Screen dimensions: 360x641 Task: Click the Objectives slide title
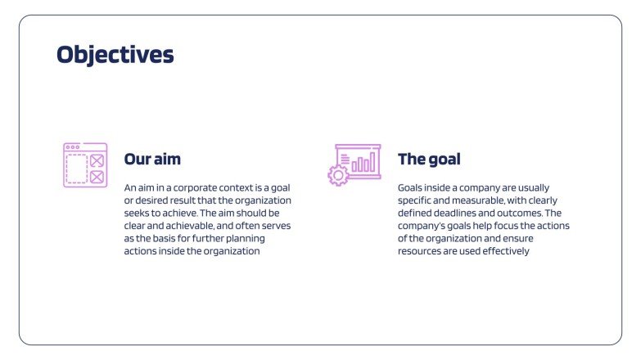(115, 55)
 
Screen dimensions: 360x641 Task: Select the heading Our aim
(152, 159)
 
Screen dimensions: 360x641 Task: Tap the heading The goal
(429, 159)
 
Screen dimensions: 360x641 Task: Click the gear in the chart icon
(337, 175)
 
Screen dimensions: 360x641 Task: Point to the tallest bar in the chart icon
(372, 160)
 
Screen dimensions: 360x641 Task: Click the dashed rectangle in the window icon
(77, 169)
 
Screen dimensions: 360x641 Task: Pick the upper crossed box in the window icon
(97, 160)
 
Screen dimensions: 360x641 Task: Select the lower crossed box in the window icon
(97, 176)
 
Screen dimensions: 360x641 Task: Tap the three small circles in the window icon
(73, 147)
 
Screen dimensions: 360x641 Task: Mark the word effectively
(508, 251)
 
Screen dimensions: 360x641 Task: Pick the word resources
(420, 251)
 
